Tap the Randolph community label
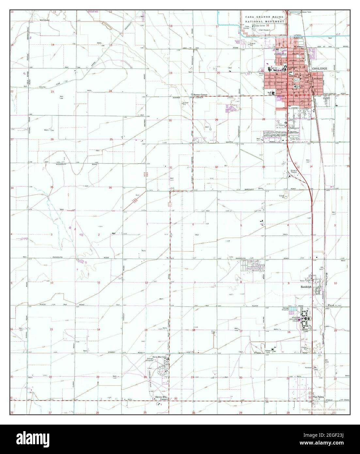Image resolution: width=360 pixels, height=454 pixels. point(306,287)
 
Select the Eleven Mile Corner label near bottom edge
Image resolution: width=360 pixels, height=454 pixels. point(161,398)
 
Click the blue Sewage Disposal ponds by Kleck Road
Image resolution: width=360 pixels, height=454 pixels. point(295,309)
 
